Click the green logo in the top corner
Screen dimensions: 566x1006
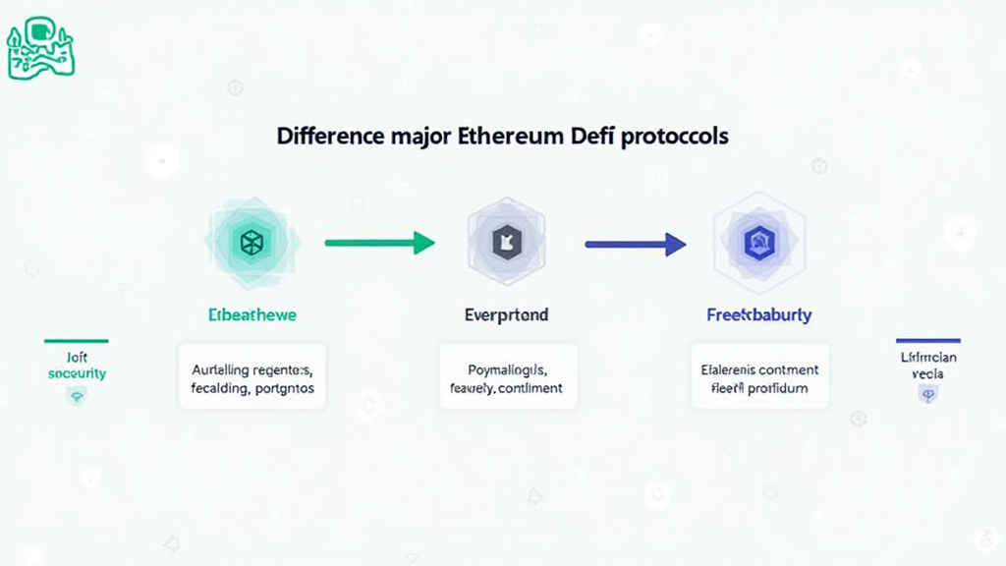click(40, 47)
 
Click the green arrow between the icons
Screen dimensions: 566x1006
click(379, 242)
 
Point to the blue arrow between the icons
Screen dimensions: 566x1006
click(635, 243)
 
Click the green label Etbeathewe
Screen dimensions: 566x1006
click(252, 315)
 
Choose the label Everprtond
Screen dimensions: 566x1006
click(506, 315)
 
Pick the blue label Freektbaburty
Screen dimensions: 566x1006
click(758, 315)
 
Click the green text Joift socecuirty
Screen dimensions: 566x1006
click(77, 366)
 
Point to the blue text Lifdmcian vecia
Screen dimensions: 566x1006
click(927, 366)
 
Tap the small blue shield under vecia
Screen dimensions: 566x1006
click(926, 394)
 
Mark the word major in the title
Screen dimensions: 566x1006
click(417, 136)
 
